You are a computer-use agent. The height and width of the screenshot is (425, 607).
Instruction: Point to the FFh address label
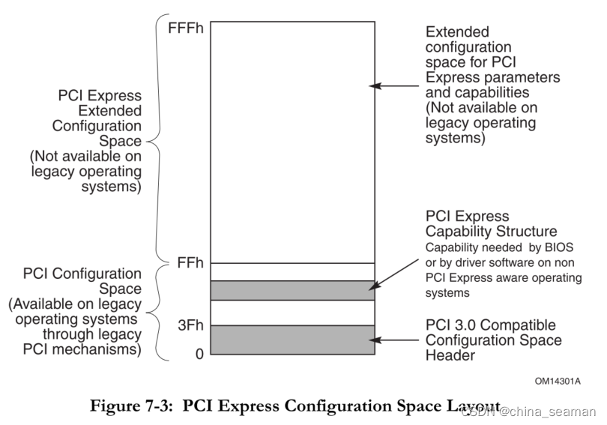click(x=189, y=263)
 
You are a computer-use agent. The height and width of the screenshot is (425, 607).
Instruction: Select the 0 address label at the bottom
click(x=199, y=353)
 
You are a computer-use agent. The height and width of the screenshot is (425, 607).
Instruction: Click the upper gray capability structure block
click(x=292, y=290)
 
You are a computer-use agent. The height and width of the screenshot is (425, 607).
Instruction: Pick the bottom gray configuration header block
click(x=292, y=340)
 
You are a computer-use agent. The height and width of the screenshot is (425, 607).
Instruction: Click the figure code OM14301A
click(x=558, y=381)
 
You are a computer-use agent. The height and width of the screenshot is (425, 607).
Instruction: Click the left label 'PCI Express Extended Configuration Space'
click(x=100, y=119)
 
